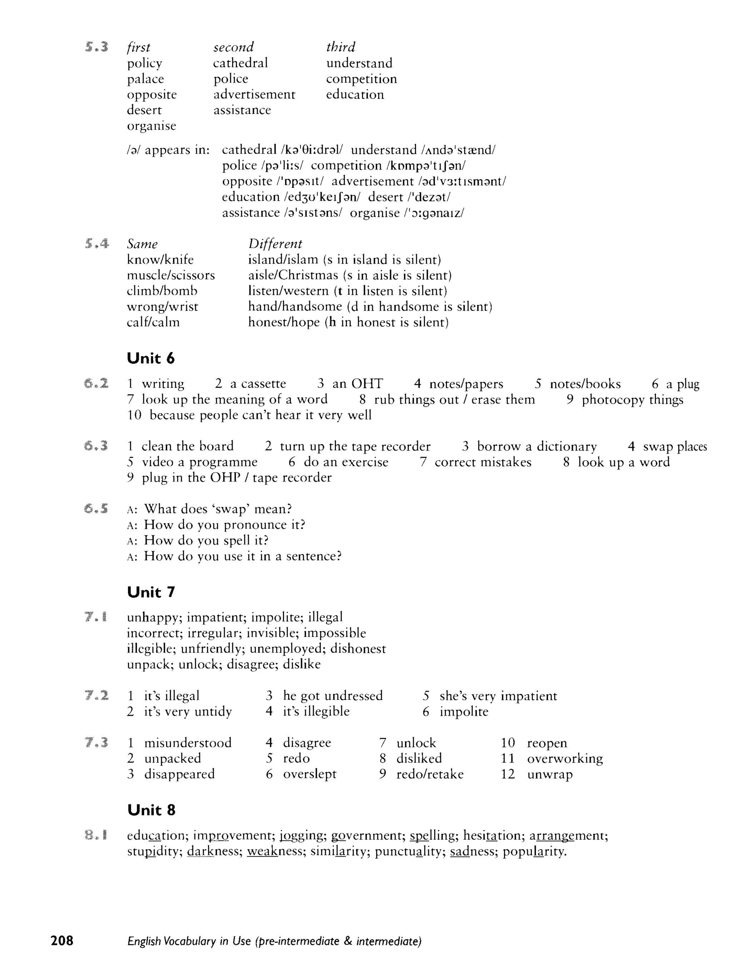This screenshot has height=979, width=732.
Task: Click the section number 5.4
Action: tap(97, 243)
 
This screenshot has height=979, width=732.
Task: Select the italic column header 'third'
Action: tap(341, 47)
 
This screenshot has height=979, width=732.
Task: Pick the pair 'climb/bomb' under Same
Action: tap(162, 291)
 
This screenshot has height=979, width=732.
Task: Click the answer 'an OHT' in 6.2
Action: tap(357, 383)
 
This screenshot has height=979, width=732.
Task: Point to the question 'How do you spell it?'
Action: tap(206, 540)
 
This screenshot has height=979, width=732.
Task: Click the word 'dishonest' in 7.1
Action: tap(358, 648)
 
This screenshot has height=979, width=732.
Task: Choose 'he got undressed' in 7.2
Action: tap(332, 695)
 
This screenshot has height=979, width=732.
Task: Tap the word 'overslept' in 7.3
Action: tap(310, 774)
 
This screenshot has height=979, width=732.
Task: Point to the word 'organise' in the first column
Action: tap(152, 126)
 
